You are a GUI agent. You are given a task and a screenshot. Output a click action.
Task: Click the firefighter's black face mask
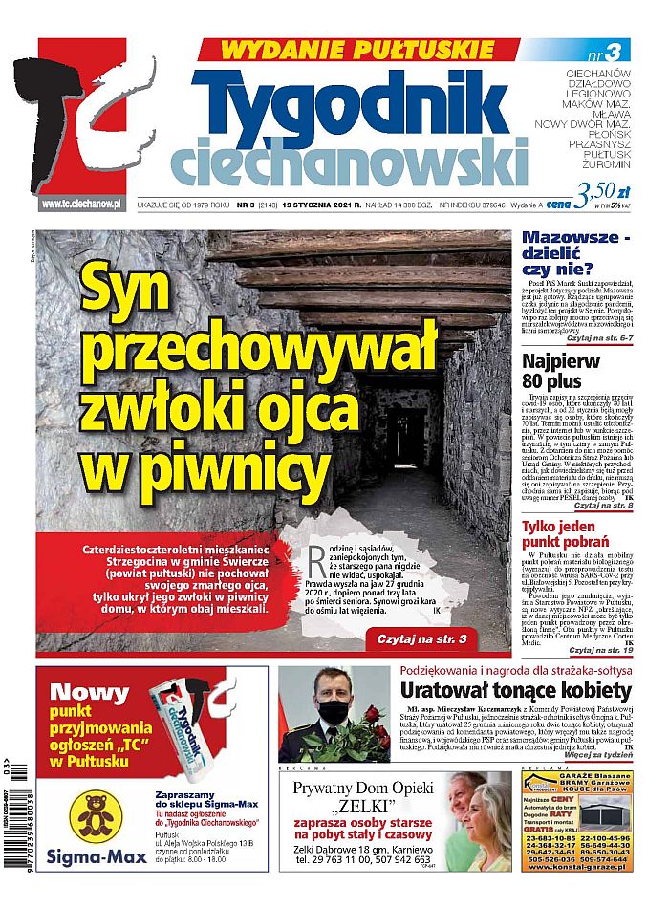pos(332,711)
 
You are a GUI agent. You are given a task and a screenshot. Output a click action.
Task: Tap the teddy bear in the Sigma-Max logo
pos(98,811)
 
